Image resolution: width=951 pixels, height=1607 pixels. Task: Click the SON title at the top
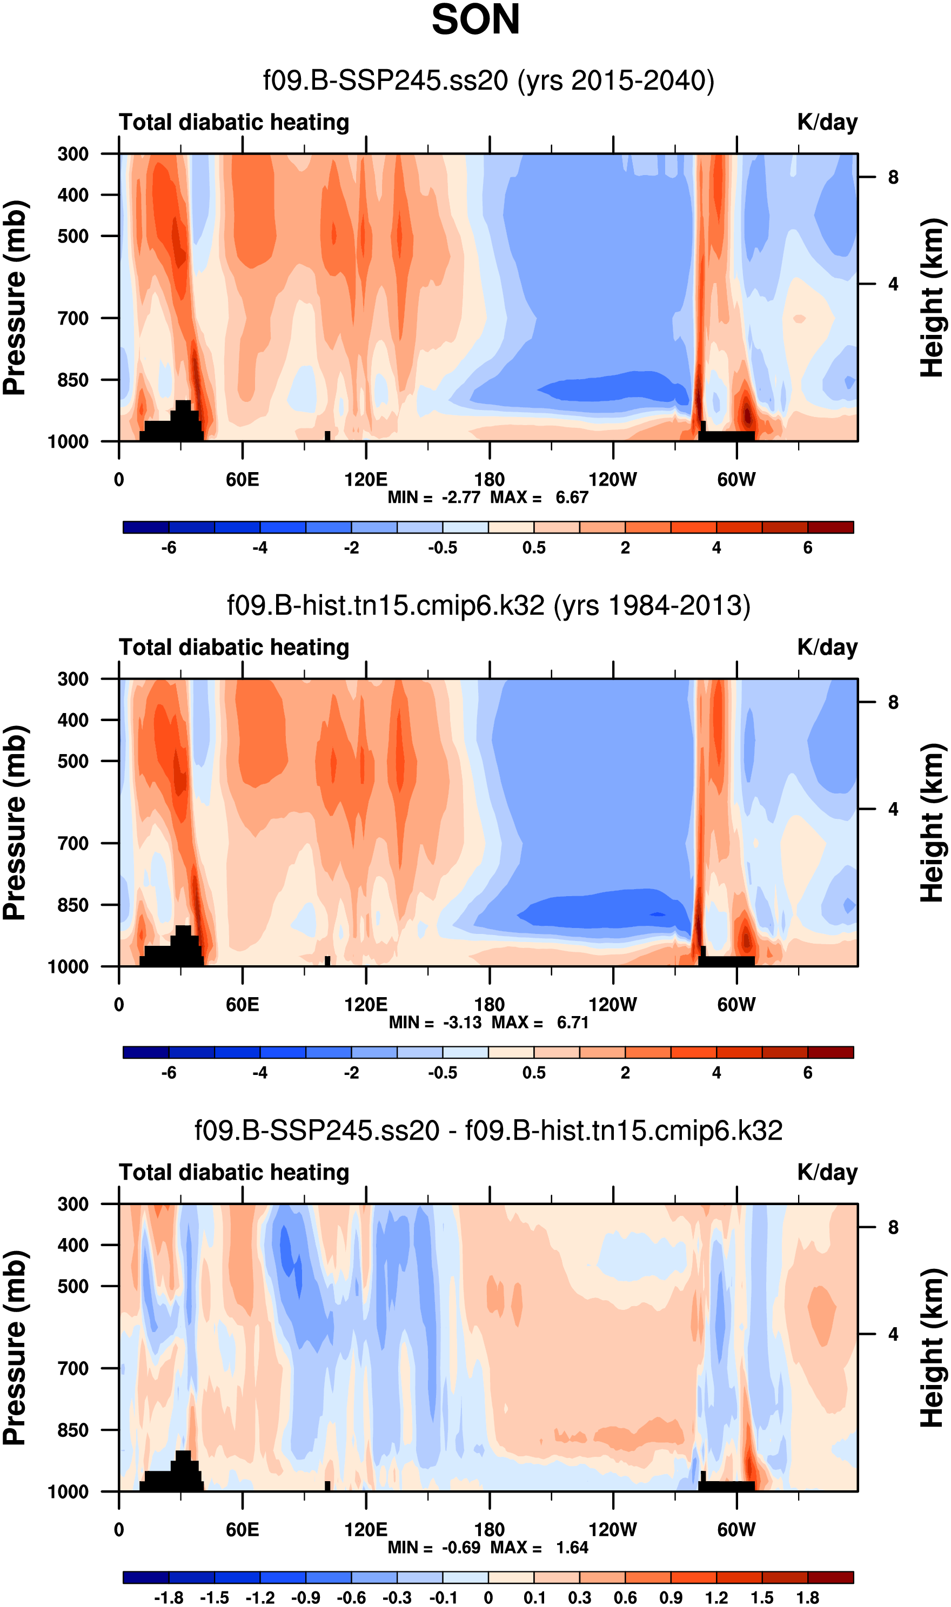point(475,20)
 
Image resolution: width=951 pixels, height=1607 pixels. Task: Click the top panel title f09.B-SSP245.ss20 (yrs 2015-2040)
point(488,80)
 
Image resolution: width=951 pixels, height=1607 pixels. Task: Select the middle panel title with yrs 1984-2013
point(488,606)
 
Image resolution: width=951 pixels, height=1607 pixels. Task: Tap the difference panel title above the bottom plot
point(488,1131)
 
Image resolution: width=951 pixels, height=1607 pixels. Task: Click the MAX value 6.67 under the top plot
point(572,497)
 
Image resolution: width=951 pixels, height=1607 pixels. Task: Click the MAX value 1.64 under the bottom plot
point(572,1548)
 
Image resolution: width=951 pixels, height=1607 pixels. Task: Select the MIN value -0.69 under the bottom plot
point(461,1548)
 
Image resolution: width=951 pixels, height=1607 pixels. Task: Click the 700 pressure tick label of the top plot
point(73,318)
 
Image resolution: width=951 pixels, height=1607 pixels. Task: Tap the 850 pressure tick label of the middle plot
point(73,905)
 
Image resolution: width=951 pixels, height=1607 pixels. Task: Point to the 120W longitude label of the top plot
point(613,480)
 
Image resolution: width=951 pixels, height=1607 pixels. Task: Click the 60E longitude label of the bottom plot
point(242,1530)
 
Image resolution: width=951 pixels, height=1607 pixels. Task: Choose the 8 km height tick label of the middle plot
point(893,703)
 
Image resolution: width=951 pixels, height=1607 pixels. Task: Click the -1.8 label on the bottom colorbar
point(169,1598)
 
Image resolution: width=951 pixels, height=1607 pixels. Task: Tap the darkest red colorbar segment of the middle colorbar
point(831,1052)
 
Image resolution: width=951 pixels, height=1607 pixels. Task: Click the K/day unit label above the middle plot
point(827,648)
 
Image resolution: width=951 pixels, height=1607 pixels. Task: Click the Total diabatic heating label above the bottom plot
point(234,1172)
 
